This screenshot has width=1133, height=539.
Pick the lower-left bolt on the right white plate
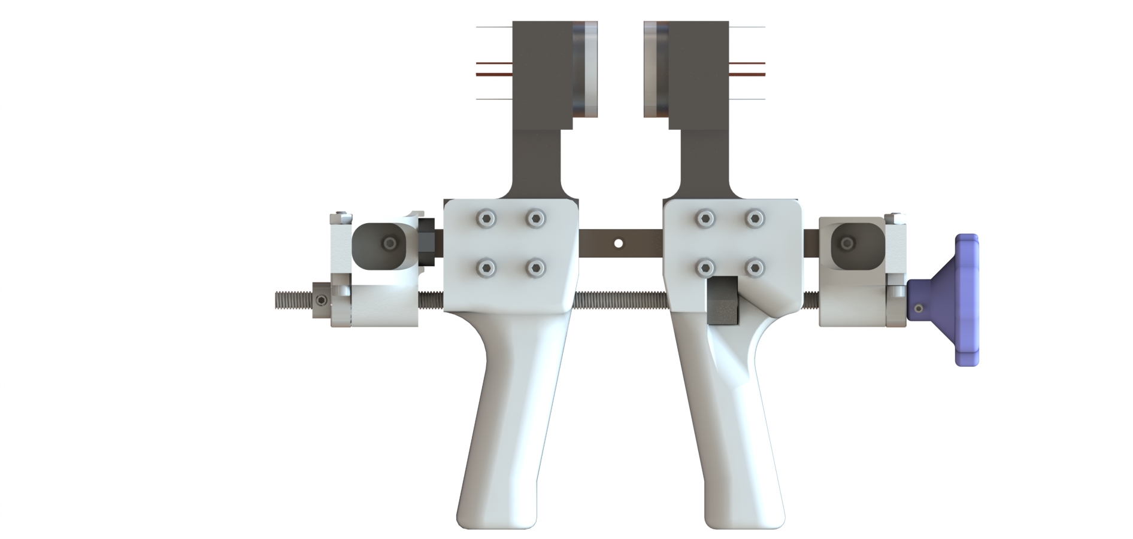[x=707, y=267]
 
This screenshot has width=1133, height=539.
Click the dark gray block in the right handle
[x=723, y=301]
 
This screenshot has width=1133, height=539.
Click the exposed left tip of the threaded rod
[x=290, y=299]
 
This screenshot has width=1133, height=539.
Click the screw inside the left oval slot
[x=390, y=243]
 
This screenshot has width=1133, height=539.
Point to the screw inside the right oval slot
[x=847, y=243]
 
